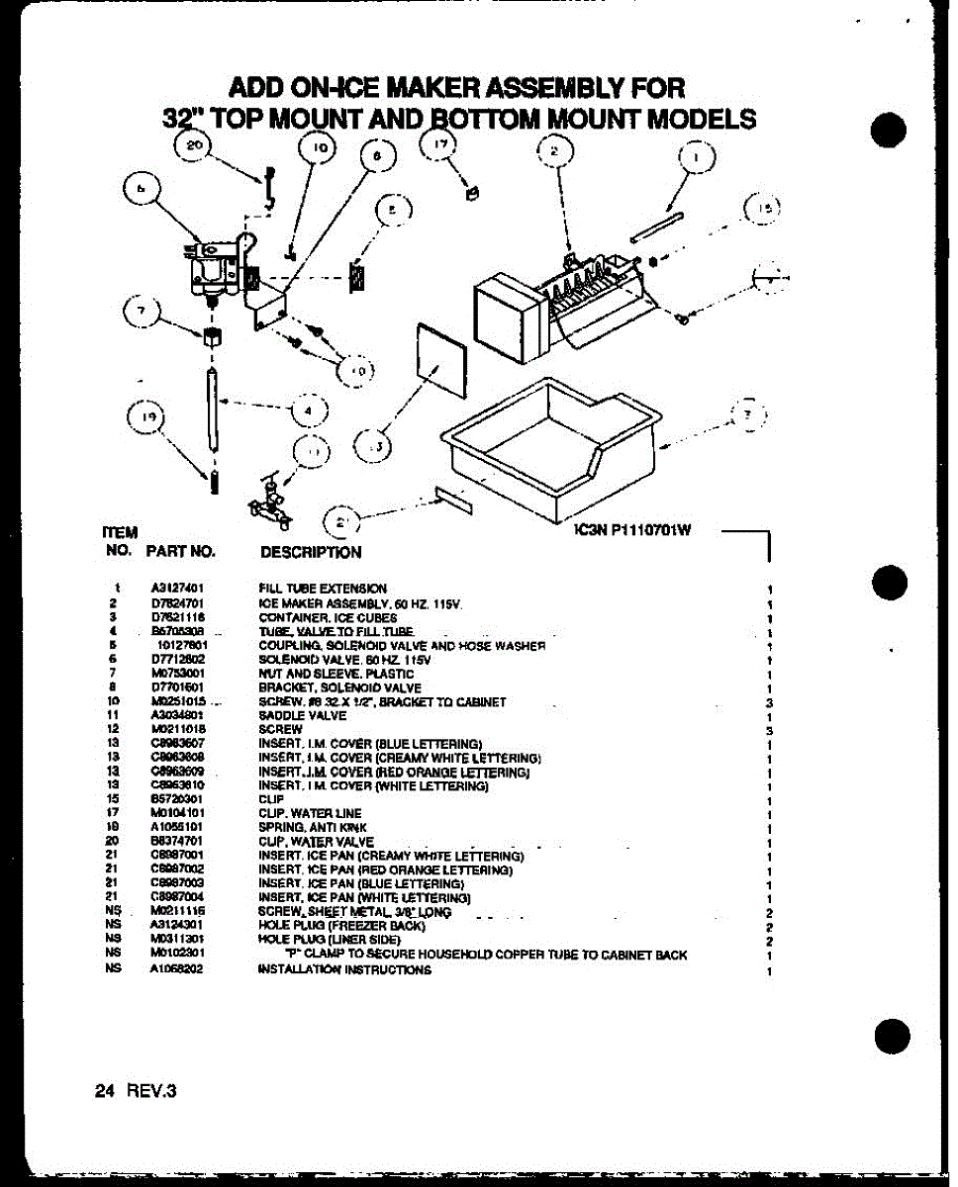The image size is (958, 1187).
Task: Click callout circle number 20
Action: click(x=193, y=148)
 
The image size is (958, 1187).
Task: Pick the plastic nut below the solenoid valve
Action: click(x=210, y=338)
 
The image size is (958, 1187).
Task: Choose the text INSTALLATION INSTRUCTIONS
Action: click(x=344, y=970)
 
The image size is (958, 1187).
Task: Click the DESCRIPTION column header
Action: click(x=310, y=553)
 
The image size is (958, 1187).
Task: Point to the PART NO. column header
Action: click(x=180, y=551)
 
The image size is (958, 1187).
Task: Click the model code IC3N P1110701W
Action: click(x=631, y=529)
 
